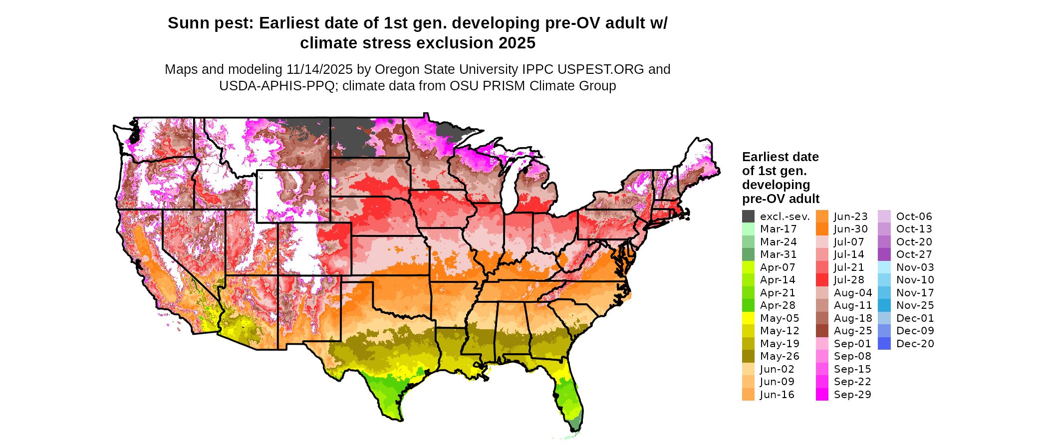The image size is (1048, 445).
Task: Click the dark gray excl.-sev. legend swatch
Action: (x=748, y=217)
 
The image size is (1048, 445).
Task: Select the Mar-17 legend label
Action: (x=778, y=229)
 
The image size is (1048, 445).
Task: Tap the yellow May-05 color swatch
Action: (x=748, y=318)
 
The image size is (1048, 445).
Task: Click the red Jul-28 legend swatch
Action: (x=822, y=280)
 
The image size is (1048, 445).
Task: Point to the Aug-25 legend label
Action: (x=853, y=331)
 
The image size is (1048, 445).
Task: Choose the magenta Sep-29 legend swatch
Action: (x=822, y=395)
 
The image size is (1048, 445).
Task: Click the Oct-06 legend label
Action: (x=914, y=217)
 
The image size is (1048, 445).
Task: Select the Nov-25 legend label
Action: (x=915, y=305)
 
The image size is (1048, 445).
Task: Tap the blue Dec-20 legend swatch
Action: (x=884, y=344)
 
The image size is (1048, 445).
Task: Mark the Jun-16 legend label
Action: (x=777, y=395)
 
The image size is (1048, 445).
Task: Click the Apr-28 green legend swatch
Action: (x=748, y=305)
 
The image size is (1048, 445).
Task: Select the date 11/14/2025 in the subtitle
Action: (x=319, y=69)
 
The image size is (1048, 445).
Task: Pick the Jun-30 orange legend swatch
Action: (x=822, y=229)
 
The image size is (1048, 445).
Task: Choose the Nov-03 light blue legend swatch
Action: (x=884, y=267)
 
